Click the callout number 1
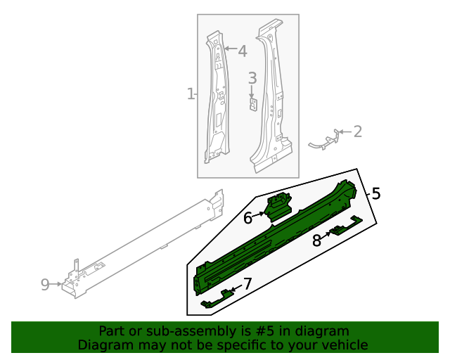click(190, 94)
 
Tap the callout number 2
click(357, 131)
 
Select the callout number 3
click(252, 79)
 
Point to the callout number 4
click(242, 51)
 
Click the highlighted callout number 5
click(376, 193)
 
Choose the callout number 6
click(247, 218)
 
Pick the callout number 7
click(247, 284)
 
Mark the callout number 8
click(316, 240)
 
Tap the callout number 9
click(45, 284)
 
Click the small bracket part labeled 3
click(252, 103)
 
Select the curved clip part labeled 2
click(323, 143)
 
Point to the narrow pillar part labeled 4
click(217, 98)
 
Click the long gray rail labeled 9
click(141, 243)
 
